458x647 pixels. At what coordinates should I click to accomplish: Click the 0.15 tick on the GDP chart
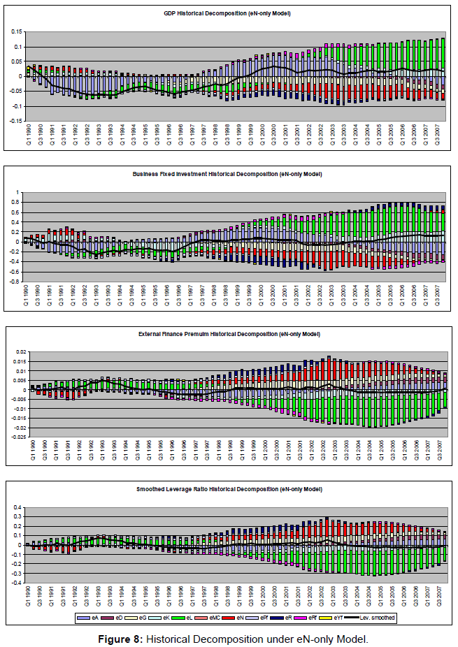pyautogui.click(x=16, y=32)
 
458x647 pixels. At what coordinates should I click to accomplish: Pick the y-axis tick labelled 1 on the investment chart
pyautogui.click(x=20, y=192)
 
